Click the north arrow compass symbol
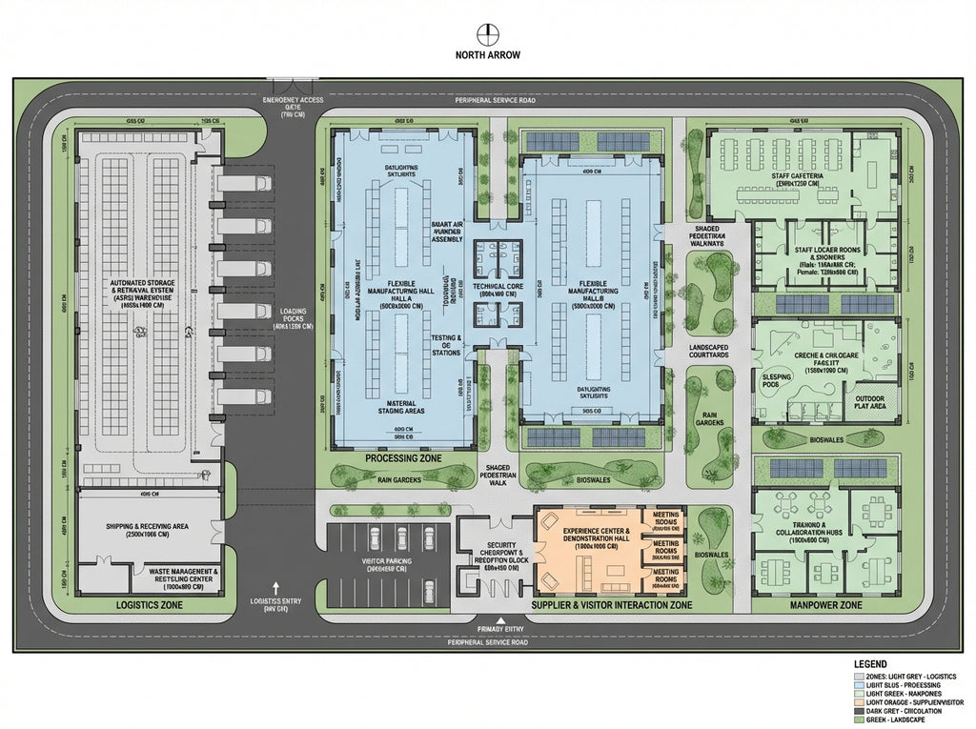(x=488, y=32)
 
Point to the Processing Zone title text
(x=403, y=459)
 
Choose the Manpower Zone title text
(x=825, y=605)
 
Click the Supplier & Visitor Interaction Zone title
(x=610, y=605)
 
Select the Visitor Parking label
(x=386, y=567)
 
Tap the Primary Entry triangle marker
(x=488, y=620)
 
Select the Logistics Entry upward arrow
(x=276, y=588)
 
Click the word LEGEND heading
(x=871, y=664)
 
